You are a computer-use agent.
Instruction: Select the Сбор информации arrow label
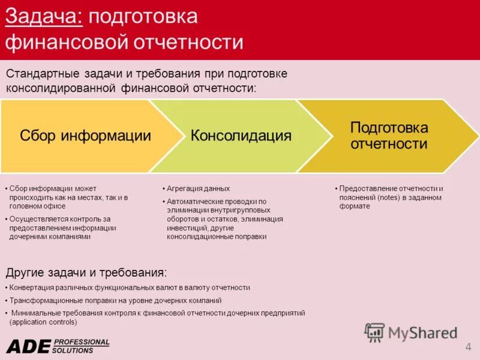[85, 136]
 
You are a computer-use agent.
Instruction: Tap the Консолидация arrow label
[241, 136]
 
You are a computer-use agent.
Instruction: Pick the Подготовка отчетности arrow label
[389, 136]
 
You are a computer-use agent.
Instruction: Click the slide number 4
[468, 347]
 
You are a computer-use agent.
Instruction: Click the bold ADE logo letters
[28, 346]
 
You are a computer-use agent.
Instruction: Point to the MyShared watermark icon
[375, 332]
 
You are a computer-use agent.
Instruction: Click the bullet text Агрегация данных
[198, 188]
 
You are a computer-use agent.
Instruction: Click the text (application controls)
[43, 322]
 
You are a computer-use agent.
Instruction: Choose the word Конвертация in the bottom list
[34, 287]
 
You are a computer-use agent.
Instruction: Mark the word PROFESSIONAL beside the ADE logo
[82, 342]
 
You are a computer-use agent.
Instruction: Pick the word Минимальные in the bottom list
[37, 313]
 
